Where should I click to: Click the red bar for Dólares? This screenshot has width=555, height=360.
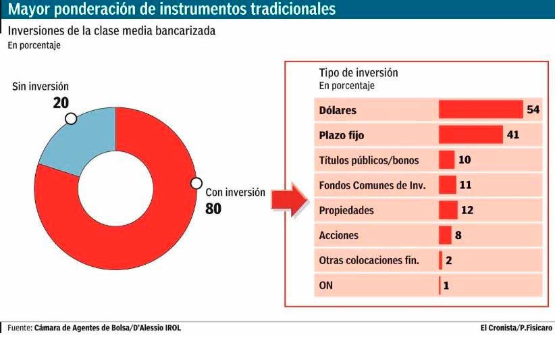tap(481, 110)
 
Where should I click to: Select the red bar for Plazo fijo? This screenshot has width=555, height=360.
tap(471, 135)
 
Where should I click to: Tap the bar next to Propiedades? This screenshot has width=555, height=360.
tap(448, 210)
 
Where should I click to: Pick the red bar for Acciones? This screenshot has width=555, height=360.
tap(445, 235)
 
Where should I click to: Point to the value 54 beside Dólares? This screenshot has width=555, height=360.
tap(533, 110)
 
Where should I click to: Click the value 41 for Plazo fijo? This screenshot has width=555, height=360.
tap(512, 135)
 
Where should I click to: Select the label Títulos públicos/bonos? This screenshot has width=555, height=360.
tap(369, 160)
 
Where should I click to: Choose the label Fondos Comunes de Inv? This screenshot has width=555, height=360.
tap(372, 185)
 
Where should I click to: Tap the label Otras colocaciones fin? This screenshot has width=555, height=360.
tap(369, 260)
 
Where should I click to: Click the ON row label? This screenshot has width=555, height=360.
tap(325, 285)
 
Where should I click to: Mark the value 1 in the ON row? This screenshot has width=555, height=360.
tap(446, 285)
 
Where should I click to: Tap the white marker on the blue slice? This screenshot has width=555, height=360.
tap(70, 119)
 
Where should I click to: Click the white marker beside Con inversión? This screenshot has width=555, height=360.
tap(196, 183)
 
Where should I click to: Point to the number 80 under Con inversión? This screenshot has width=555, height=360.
tap(213, 209)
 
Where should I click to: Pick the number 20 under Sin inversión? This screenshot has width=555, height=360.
tap(61, 103)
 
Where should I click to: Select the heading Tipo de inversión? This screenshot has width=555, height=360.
tap(359, 73)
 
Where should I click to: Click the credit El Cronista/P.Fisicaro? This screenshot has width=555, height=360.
tap(516, 328)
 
